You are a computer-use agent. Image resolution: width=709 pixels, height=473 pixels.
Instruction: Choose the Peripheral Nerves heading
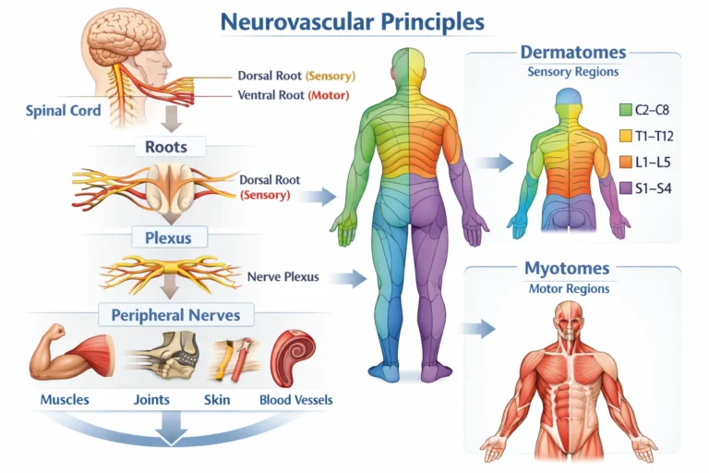coord(175,315)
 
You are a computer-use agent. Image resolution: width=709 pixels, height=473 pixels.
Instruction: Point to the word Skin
coord(217,400)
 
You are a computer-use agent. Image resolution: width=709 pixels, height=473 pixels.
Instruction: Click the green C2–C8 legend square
coord(624,110)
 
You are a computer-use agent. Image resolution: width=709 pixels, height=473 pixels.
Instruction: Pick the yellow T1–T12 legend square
coord(624,137)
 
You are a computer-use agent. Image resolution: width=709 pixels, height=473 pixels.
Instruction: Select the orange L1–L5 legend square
coord(624,164)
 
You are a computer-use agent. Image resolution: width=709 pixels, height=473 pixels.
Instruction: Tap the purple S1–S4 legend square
coord(624,190)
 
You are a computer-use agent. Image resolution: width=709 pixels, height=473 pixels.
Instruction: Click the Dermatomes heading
coord(572,53)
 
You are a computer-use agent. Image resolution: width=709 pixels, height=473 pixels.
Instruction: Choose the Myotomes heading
coord(567,269)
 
